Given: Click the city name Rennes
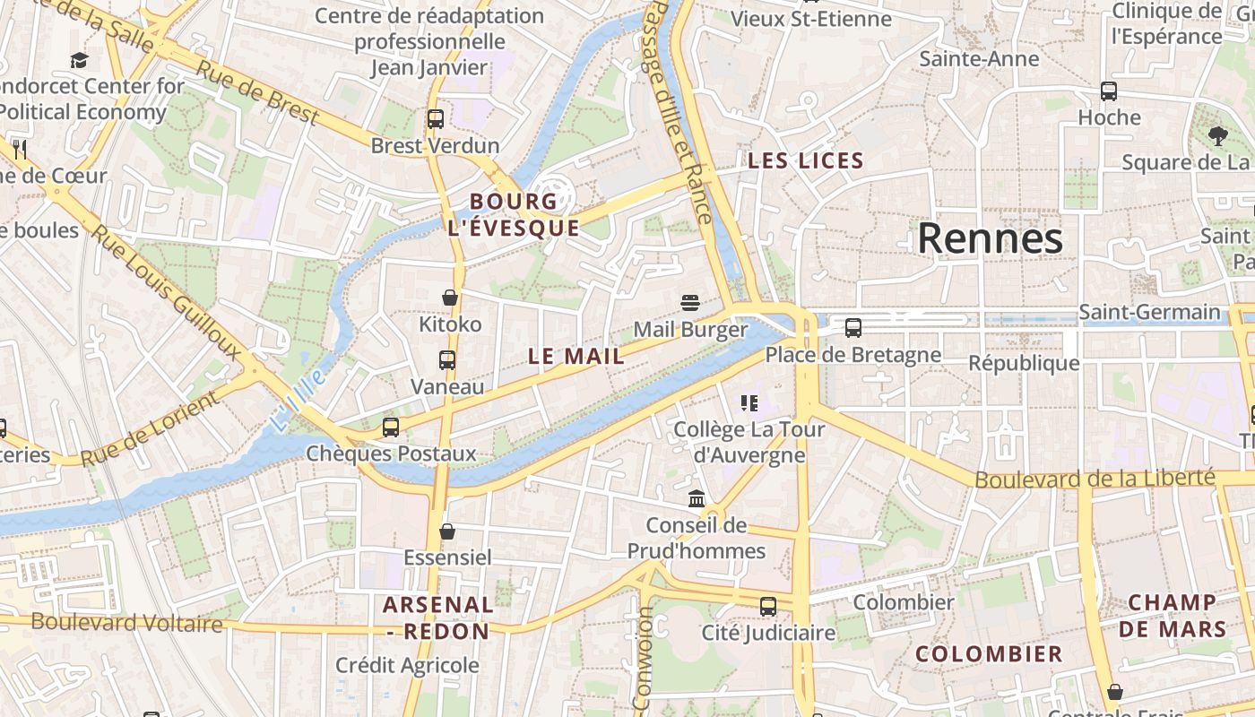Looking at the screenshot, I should [x=990, y=238].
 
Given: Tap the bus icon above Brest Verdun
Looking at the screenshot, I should [x=436, y=118].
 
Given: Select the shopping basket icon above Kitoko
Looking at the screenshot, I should [x=450, y=298].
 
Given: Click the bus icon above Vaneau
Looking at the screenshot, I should [x=447, y=360].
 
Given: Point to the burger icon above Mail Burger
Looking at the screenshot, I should [x=689, y=303].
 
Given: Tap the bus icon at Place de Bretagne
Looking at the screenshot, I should [x=853, y=328].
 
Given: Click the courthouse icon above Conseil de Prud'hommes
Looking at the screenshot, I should [x=697, y=498].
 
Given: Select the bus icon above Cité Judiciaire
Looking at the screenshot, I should [x=768, y=607].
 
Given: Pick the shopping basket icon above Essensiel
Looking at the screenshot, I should [x=447, y=531].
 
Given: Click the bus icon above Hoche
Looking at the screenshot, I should [x=1109, y=91].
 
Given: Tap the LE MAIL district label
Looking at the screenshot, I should [x=576, y=356].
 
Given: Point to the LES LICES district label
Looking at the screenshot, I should [x=806, y=161].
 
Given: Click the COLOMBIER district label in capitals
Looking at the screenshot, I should [x=989, y=654].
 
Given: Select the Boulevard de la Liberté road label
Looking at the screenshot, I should [x=1095, y=479].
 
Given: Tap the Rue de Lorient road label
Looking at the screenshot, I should [x=150, y=428].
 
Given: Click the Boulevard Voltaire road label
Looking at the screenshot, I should [x=126, y=622].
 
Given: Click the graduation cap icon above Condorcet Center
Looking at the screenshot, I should [x=80, y=61].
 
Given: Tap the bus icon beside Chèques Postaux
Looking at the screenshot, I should [x=391, y=428].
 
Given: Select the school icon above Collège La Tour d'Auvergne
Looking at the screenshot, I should [x=749, y=403].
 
